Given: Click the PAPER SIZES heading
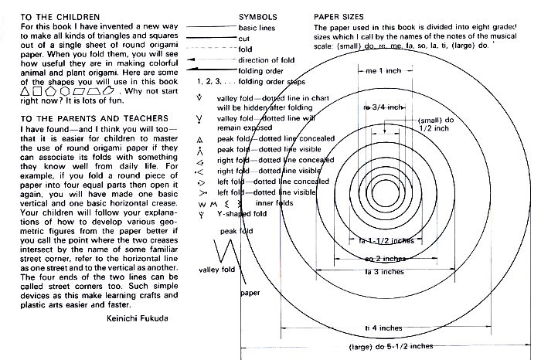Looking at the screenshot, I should (340, 15).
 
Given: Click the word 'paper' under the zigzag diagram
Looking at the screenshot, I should (249, 294).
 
